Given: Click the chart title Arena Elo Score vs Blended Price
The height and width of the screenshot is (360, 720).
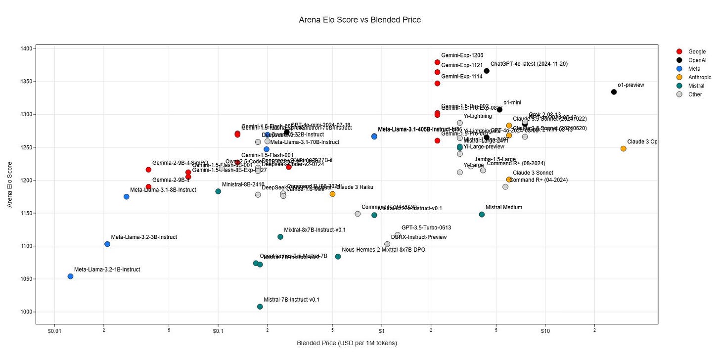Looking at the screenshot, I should pos(360,20).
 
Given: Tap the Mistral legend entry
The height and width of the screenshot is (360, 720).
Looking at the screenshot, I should pos(696,86).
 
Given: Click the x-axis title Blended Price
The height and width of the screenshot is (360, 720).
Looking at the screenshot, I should pos(347,343).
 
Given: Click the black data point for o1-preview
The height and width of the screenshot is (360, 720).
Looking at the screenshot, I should pos(614,92).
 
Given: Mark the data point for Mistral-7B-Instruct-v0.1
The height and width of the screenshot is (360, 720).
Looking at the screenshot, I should pos(260,307).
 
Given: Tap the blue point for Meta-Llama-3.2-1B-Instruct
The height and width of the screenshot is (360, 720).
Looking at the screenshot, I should pos(70,276).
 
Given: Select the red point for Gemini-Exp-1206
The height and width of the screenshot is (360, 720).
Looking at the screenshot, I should pos(437,62).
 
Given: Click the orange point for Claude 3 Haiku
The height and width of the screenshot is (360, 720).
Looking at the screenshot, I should pos(332,194).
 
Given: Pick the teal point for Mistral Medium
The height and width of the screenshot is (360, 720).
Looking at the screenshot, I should pos(482,215).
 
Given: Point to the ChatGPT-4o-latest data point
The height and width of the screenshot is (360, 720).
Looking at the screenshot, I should pos(487,71).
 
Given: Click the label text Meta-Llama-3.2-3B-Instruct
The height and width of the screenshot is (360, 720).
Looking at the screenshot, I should pos(144,237).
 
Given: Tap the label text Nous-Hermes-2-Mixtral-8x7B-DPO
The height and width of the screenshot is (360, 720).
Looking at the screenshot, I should pos(383,250).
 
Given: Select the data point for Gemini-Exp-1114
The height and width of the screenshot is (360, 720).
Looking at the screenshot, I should pos(437,84).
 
